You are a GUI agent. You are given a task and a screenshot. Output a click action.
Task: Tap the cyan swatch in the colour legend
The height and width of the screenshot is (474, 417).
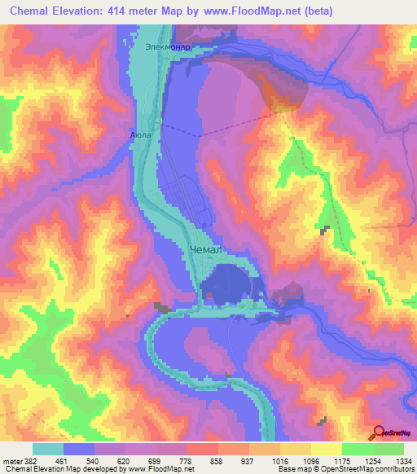pyautogui.click(x=48, y=449)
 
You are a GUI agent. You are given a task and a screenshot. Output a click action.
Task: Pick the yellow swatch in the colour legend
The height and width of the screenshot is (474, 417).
pyautogui.click(x=326, y=449)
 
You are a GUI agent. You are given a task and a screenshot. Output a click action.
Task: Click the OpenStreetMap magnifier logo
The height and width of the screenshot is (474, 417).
pyautogui.click(x=378, y=433)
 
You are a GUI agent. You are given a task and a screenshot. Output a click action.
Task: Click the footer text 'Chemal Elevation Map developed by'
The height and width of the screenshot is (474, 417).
pyautogui.click(x=57, y=469)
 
